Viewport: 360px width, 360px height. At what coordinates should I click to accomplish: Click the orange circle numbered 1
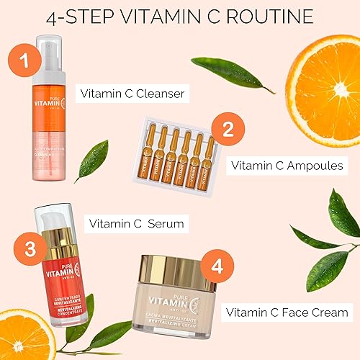(23, 60)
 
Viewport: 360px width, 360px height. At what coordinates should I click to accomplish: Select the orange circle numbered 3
(26, 249)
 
